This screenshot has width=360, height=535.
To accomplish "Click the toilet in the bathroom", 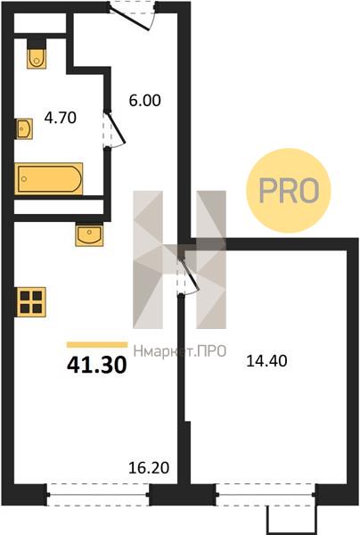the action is tap(37, 58).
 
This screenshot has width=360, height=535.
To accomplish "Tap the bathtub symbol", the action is tap(48, 179).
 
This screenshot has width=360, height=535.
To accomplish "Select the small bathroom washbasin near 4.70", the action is tap(24, 128).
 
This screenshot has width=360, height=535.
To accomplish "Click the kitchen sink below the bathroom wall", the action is tap(89, 235).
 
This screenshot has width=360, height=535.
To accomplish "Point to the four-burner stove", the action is tap(31, 302).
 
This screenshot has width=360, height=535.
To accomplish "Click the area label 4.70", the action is tap(61, 118).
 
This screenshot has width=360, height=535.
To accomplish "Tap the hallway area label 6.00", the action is tap(145, 101).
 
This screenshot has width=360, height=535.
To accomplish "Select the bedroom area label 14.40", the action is tap(266, 360).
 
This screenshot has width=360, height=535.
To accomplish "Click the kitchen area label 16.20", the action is tap(149, 468).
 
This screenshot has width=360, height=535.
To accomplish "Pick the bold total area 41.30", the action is tap(97, 365).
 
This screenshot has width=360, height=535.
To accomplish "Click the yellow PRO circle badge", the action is tap(289, 191).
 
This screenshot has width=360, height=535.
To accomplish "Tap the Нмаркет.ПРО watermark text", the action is tap(180, 351).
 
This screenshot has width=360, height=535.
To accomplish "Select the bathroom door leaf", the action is tap(116, 127).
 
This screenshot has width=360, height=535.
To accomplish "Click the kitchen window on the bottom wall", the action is tap(98, 494).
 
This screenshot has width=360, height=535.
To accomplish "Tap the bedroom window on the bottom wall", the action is tap(266, 494).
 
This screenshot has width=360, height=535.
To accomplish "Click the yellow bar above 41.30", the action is tap(97, 344).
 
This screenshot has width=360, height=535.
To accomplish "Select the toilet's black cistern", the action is tap(37, 44).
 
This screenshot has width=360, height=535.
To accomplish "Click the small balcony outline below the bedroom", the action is tap(291, 520).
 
